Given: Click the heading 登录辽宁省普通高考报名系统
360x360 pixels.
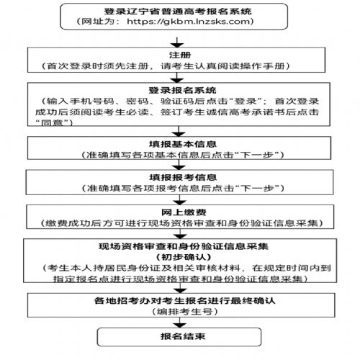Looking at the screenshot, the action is [178, 12].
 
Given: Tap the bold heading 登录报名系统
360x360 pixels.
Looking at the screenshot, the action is [182, 90].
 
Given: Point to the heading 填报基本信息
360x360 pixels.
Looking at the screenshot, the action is [183, 144].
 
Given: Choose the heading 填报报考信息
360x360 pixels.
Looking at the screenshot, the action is [183, 177].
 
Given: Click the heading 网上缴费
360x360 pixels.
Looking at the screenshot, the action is [184, 212].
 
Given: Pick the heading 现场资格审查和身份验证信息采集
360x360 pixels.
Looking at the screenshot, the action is [184, 246].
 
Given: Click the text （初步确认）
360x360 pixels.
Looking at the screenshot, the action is [184, 257].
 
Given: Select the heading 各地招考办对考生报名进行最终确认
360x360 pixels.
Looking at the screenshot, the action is [184, 300].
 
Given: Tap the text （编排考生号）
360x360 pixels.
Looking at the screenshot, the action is [185, 312].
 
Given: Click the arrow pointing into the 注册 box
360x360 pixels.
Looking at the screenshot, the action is [177, 42].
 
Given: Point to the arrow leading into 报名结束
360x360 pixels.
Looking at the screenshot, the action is [180, 323].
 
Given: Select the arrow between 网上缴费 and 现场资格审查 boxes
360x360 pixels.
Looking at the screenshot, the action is [181, 233].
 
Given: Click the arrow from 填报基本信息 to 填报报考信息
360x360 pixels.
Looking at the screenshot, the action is [179, 165].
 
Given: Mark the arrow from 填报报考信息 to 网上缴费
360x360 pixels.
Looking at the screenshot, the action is [180, 199].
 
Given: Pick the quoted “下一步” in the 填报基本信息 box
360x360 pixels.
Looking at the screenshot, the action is [256, 155].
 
